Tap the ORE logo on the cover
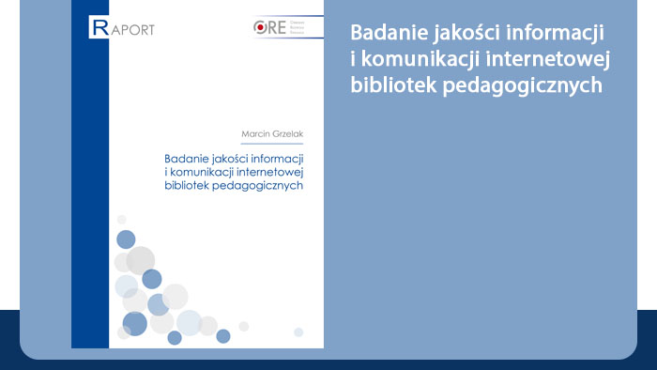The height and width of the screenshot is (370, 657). tap(281, 27)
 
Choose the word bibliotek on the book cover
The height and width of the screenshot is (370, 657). tap(189, 185)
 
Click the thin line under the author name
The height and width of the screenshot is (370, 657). tap(273, 144)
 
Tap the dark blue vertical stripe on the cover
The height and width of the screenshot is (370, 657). tap(90, 188)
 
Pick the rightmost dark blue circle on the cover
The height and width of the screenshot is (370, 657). tap(223, 336)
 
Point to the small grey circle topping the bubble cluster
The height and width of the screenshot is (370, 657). tap(121, 220)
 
